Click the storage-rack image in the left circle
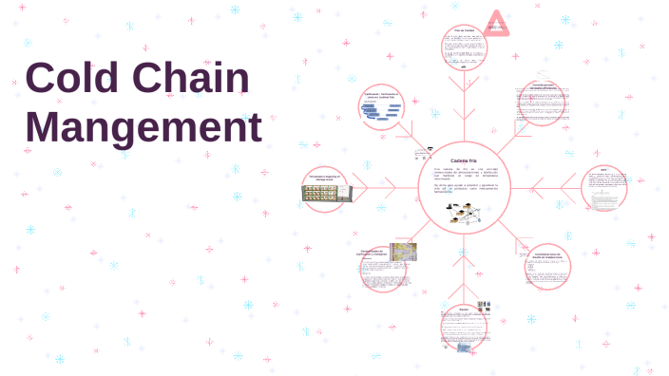coord(328,193)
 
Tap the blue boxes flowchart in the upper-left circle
coord(382,112)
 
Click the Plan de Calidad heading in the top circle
coord(464,30)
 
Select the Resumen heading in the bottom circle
coord(464,309)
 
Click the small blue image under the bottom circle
coord(465,347)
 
